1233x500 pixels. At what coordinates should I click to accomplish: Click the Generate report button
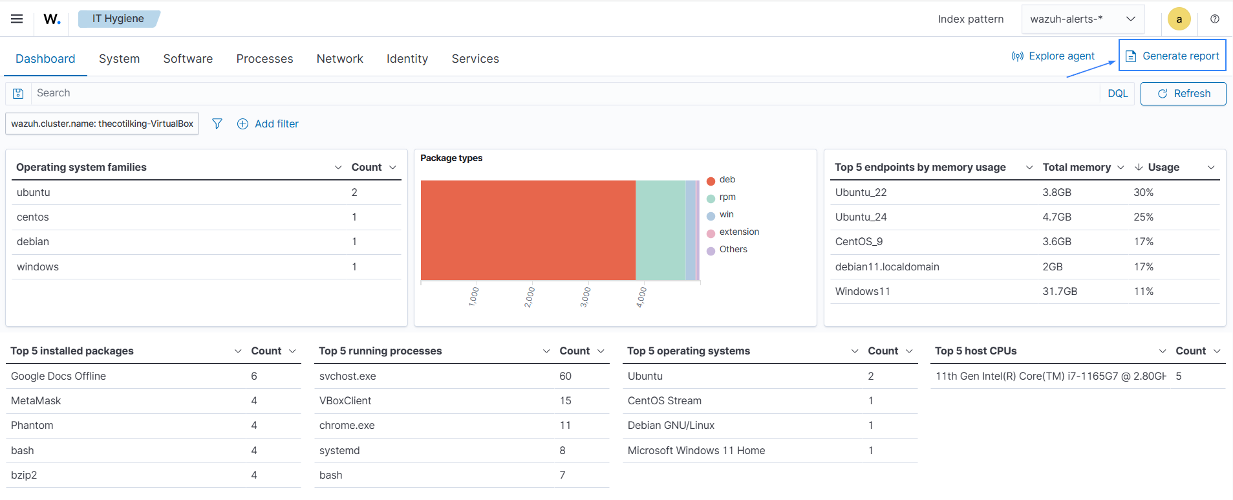coord(1172,56)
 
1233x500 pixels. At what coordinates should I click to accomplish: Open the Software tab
coord(188,59)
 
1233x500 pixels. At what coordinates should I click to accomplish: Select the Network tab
coord(339,59)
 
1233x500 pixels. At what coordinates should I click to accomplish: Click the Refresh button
coord(1183,93)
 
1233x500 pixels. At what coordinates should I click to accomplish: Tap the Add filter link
coord(268,124)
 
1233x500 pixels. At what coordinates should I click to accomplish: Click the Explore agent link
coord(1053,56)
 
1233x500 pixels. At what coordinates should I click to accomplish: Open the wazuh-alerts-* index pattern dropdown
coord(1082,19)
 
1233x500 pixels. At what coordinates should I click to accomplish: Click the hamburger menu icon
coord(17,19)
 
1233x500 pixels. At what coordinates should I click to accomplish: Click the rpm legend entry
coord(727,197)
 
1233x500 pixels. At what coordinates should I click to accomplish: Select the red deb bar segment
coord(528,230)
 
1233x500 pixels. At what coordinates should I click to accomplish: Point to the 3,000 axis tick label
coord(584,297)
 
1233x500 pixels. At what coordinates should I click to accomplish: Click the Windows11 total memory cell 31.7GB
coord(1060,292)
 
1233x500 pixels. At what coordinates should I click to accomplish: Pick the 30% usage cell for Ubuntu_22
coord(1143,193)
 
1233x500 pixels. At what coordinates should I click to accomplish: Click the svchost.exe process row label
coord(347,376)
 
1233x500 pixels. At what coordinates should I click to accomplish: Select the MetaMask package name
coord(36,401)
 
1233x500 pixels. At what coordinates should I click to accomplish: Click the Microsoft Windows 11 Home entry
coord(696,451)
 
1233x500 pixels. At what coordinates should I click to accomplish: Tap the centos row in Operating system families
coord(33,217)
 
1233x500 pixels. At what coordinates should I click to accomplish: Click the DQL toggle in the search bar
coord(1117,93)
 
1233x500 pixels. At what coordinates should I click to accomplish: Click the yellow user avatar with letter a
coord(1179,19)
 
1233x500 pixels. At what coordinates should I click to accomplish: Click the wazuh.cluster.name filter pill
coord(102,124)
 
